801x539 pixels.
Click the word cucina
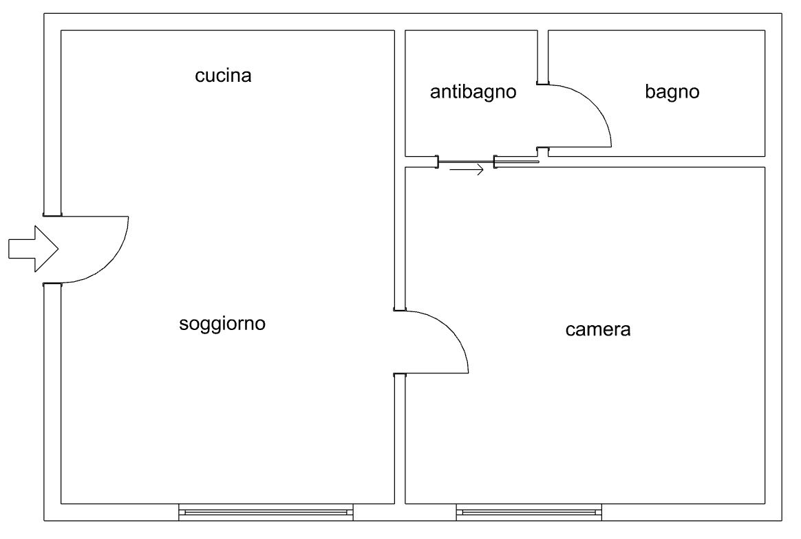tap(223, 76)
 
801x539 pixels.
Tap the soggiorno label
tap(222, 324)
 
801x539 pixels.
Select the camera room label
tap(597, 330)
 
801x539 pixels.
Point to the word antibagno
tap(473, 92)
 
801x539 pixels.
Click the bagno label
tap(672, 92)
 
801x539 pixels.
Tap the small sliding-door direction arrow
tap(467, 170)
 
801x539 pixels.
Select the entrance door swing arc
tap(114, 258)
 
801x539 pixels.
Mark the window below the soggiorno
tap(266, 511)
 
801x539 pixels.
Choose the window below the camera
tap(528, 511)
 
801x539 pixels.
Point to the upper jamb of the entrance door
tap(52, 214)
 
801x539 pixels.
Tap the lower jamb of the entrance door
tap(52, 283)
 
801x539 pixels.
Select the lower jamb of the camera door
tap(399, 375)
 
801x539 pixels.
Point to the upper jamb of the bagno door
tap(542, 84)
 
